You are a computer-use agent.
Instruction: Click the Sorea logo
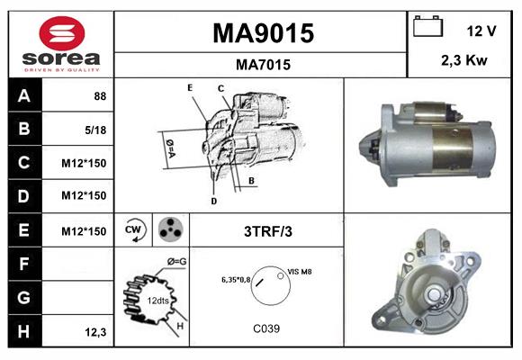[x=61, y=44]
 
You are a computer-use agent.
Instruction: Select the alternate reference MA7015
[x=262, y=65]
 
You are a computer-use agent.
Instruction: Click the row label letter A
[x=23, y=94]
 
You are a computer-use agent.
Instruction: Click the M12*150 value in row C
[x=85, y=163]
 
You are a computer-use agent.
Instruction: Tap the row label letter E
[x=23, y=231]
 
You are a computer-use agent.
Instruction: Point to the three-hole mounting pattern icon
[x=169, y=230]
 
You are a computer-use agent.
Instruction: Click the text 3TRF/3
[x=267, y=231]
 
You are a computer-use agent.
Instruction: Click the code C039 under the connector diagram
[x=266, y=328]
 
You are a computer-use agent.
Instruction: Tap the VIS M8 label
[x=301, y=270]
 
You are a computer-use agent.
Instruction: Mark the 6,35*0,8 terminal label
[x=236, y=280]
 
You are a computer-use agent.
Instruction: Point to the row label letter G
[x=23, y=298]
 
